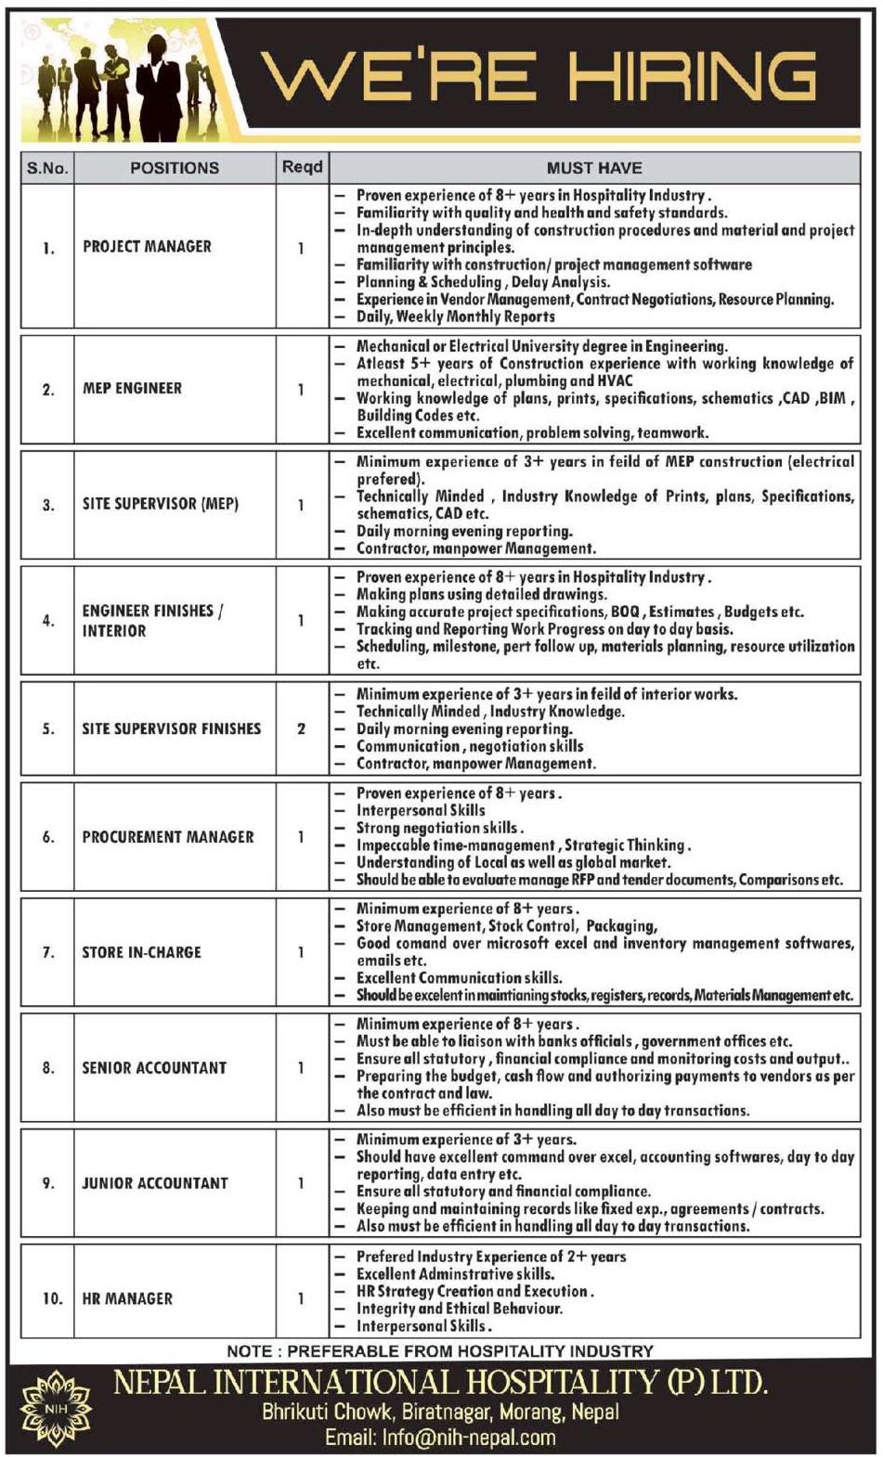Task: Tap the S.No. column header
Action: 47,168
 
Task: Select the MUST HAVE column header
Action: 594,168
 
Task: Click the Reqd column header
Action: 302,167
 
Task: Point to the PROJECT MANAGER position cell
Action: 147,247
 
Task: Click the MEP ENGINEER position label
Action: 132,389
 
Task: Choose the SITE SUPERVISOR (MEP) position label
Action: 160,504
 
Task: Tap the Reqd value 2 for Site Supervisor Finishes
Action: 301,729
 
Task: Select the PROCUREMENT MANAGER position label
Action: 167,837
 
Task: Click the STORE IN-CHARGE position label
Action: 141,952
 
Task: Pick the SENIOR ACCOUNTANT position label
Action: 154,1068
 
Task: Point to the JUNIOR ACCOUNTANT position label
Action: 154,1183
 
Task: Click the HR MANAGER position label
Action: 127,1299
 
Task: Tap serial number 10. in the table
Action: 52,1299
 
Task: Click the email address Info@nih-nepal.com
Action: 440,1438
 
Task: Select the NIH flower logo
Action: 56,1410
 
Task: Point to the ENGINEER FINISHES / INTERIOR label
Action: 151,621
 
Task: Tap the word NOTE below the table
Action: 249,1351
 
